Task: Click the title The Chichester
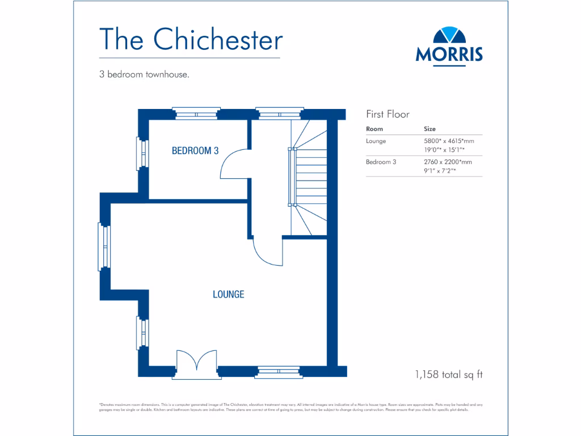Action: pos(191,40)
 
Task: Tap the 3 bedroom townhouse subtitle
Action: pos(144,74)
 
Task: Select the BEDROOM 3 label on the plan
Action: pos(195,151)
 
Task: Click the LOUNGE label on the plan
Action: pos(229,294)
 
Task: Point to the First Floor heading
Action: pos(388,114)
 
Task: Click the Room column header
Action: pos(374,129)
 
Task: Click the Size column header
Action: pos(430,129)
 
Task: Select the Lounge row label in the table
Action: pos(376,141)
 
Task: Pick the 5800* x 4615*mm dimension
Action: pos(448,141)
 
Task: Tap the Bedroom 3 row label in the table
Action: pos(381,162)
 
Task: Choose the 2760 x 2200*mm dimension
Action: pos(448,162)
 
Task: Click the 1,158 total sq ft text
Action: pos(448,374)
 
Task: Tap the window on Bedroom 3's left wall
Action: pos(141,153)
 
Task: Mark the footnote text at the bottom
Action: pos(290,407)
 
